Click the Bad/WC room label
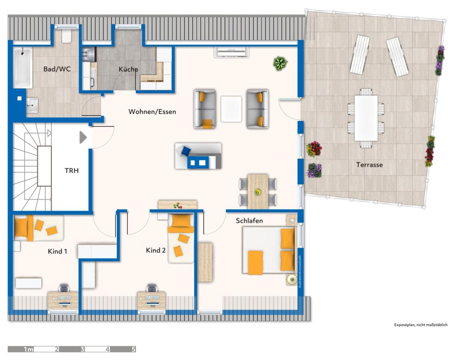click(57, 69)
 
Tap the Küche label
click(128, 69)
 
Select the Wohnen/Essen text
click(152, 112)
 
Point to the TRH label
click(72, 171)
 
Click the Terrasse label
click(369, 165)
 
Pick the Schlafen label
click(249, 221)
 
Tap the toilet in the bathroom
click(66, 36)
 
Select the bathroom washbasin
click(32, 105)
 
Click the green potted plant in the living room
click(280, 63)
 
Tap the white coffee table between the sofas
click(231, 109)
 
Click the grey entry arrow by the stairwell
click(83, 138)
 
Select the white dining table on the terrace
click(366, 118)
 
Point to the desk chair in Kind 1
click(64, 288)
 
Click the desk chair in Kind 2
click(152, 288)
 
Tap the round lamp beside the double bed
click(292, 280)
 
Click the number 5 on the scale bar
click(133, 349)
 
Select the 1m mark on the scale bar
click(28, 349)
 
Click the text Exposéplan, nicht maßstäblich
click(421, 325)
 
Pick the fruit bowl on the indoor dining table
click(257, 192)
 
